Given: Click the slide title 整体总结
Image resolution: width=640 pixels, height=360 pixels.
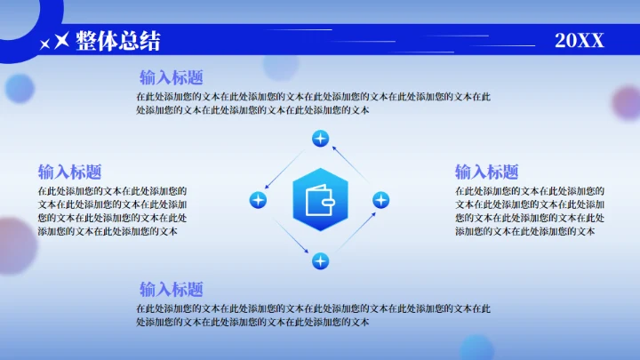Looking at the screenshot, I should (118, 40).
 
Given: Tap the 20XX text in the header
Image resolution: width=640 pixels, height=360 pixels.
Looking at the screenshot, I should (579, 40).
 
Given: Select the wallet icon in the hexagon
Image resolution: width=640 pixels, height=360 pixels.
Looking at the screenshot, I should (319, 200).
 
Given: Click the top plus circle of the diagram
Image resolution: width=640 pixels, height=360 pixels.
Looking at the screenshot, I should (320, 139).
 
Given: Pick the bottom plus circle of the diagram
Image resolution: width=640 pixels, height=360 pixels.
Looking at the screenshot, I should (320, 260).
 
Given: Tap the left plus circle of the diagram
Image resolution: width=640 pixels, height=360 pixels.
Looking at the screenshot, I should (258, 200).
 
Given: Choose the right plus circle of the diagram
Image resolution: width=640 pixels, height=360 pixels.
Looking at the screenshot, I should (380, 200).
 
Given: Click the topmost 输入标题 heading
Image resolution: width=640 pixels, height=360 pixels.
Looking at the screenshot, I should (171, 77).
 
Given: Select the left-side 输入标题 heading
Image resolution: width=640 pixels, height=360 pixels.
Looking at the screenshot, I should (69, 172).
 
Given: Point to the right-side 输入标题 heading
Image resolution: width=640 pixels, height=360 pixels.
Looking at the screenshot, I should (486, 172).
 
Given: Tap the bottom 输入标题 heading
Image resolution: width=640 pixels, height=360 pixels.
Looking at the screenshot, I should (171, 289).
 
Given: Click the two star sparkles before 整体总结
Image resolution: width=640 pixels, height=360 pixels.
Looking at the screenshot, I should (55, 41).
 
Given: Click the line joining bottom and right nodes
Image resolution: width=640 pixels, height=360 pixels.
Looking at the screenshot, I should (352, 230).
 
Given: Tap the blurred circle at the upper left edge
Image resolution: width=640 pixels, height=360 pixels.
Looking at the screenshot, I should (19, 88).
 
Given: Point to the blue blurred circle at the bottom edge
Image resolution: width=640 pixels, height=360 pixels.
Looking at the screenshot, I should (476, 348).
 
